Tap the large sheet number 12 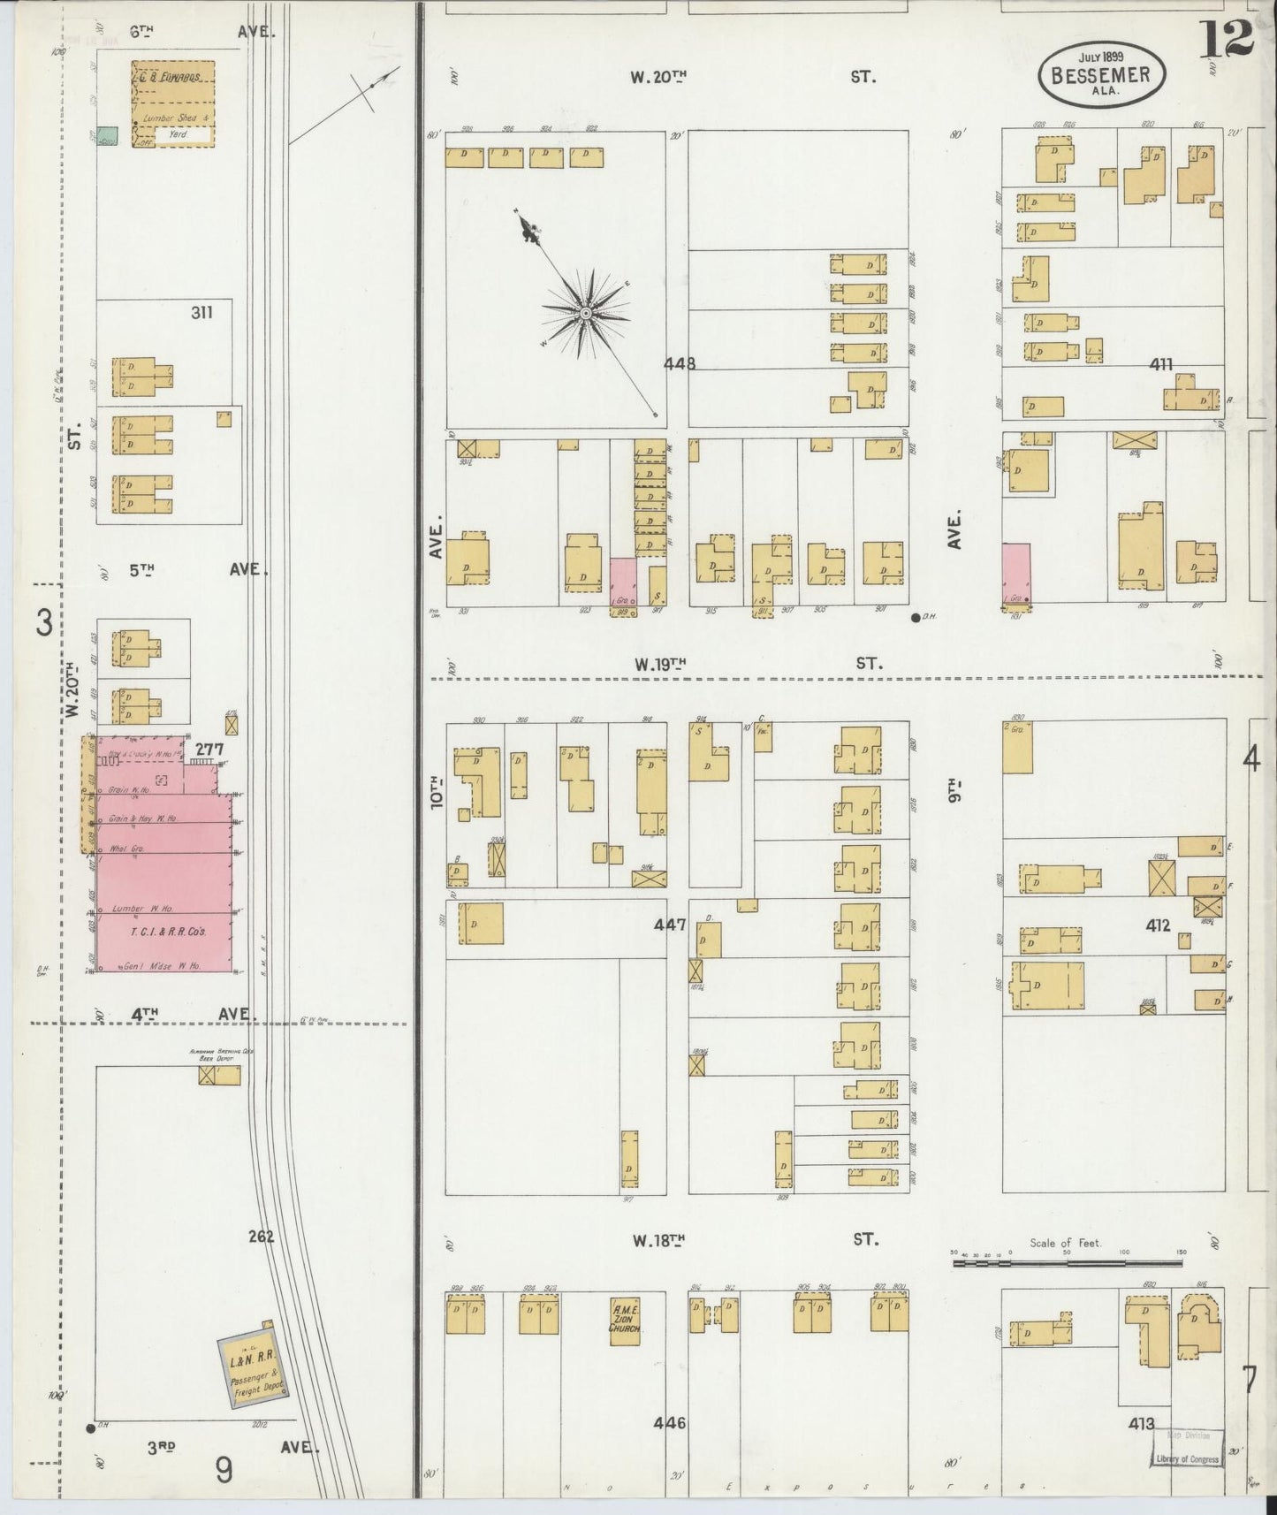click(1228, 38)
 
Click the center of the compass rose click(585, 313)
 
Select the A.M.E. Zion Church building click(625, 1321)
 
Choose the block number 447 click(670, 925)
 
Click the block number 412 click(1158, 925)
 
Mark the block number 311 click(201, 312)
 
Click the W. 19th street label click(658, 663)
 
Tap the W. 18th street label click(658, 1240)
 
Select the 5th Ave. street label click(141, 570)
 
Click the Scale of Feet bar click(1067, 1264)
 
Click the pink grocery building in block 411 click(1016, 573)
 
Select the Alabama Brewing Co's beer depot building click(219, 1075)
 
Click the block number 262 click(261, 1237)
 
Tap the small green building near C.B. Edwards click(109, 136)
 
